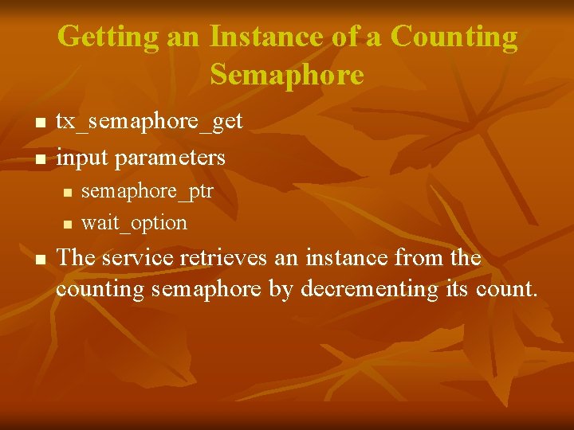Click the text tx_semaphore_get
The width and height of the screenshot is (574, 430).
149,122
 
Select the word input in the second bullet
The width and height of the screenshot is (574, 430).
82,157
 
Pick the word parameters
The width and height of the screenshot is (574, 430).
171,157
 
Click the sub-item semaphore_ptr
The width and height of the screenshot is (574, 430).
147,193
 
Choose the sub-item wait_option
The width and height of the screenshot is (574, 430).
134,222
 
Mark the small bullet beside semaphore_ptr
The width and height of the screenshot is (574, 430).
67,193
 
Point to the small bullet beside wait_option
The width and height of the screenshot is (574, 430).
67,224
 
